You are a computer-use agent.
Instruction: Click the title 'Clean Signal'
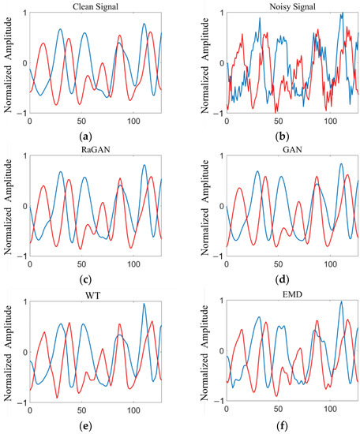(x=96, y=5)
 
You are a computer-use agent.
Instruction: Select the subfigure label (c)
(x=96, y=277)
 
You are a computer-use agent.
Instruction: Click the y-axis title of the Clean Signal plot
(x=9, y=63)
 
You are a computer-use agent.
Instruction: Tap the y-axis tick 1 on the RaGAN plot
(x=24, y=157)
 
